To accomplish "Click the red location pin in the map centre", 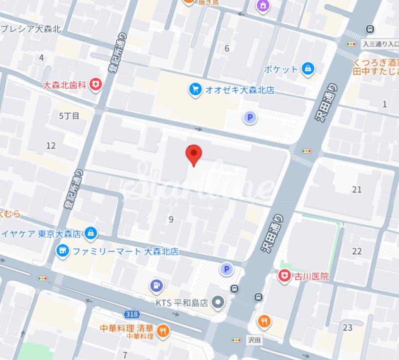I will [194, 154].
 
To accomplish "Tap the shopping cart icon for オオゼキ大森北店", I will [195, 90].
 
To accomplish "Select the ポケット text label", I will [281, 69].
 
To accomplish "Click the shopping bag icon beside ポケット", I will [308, 68].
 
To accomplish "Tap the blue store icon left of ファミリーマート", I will [63, 250].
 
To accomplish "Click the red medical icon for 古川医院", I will [285, 276].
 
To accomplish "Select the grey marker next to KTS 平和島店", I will [217, 302].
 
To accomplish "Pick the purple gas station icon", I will [157, 286].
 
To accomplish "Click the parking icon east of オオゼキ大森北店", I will [248, 118].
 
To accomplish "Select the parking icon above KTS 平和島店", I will [227, 269].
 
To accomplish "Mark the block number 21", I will [357, 189].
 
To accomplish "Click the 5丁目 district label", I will [69, 116].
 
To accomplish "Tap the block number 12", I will [51, 146].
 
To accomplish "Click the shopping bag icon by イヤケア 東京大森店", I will [90, 233].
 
